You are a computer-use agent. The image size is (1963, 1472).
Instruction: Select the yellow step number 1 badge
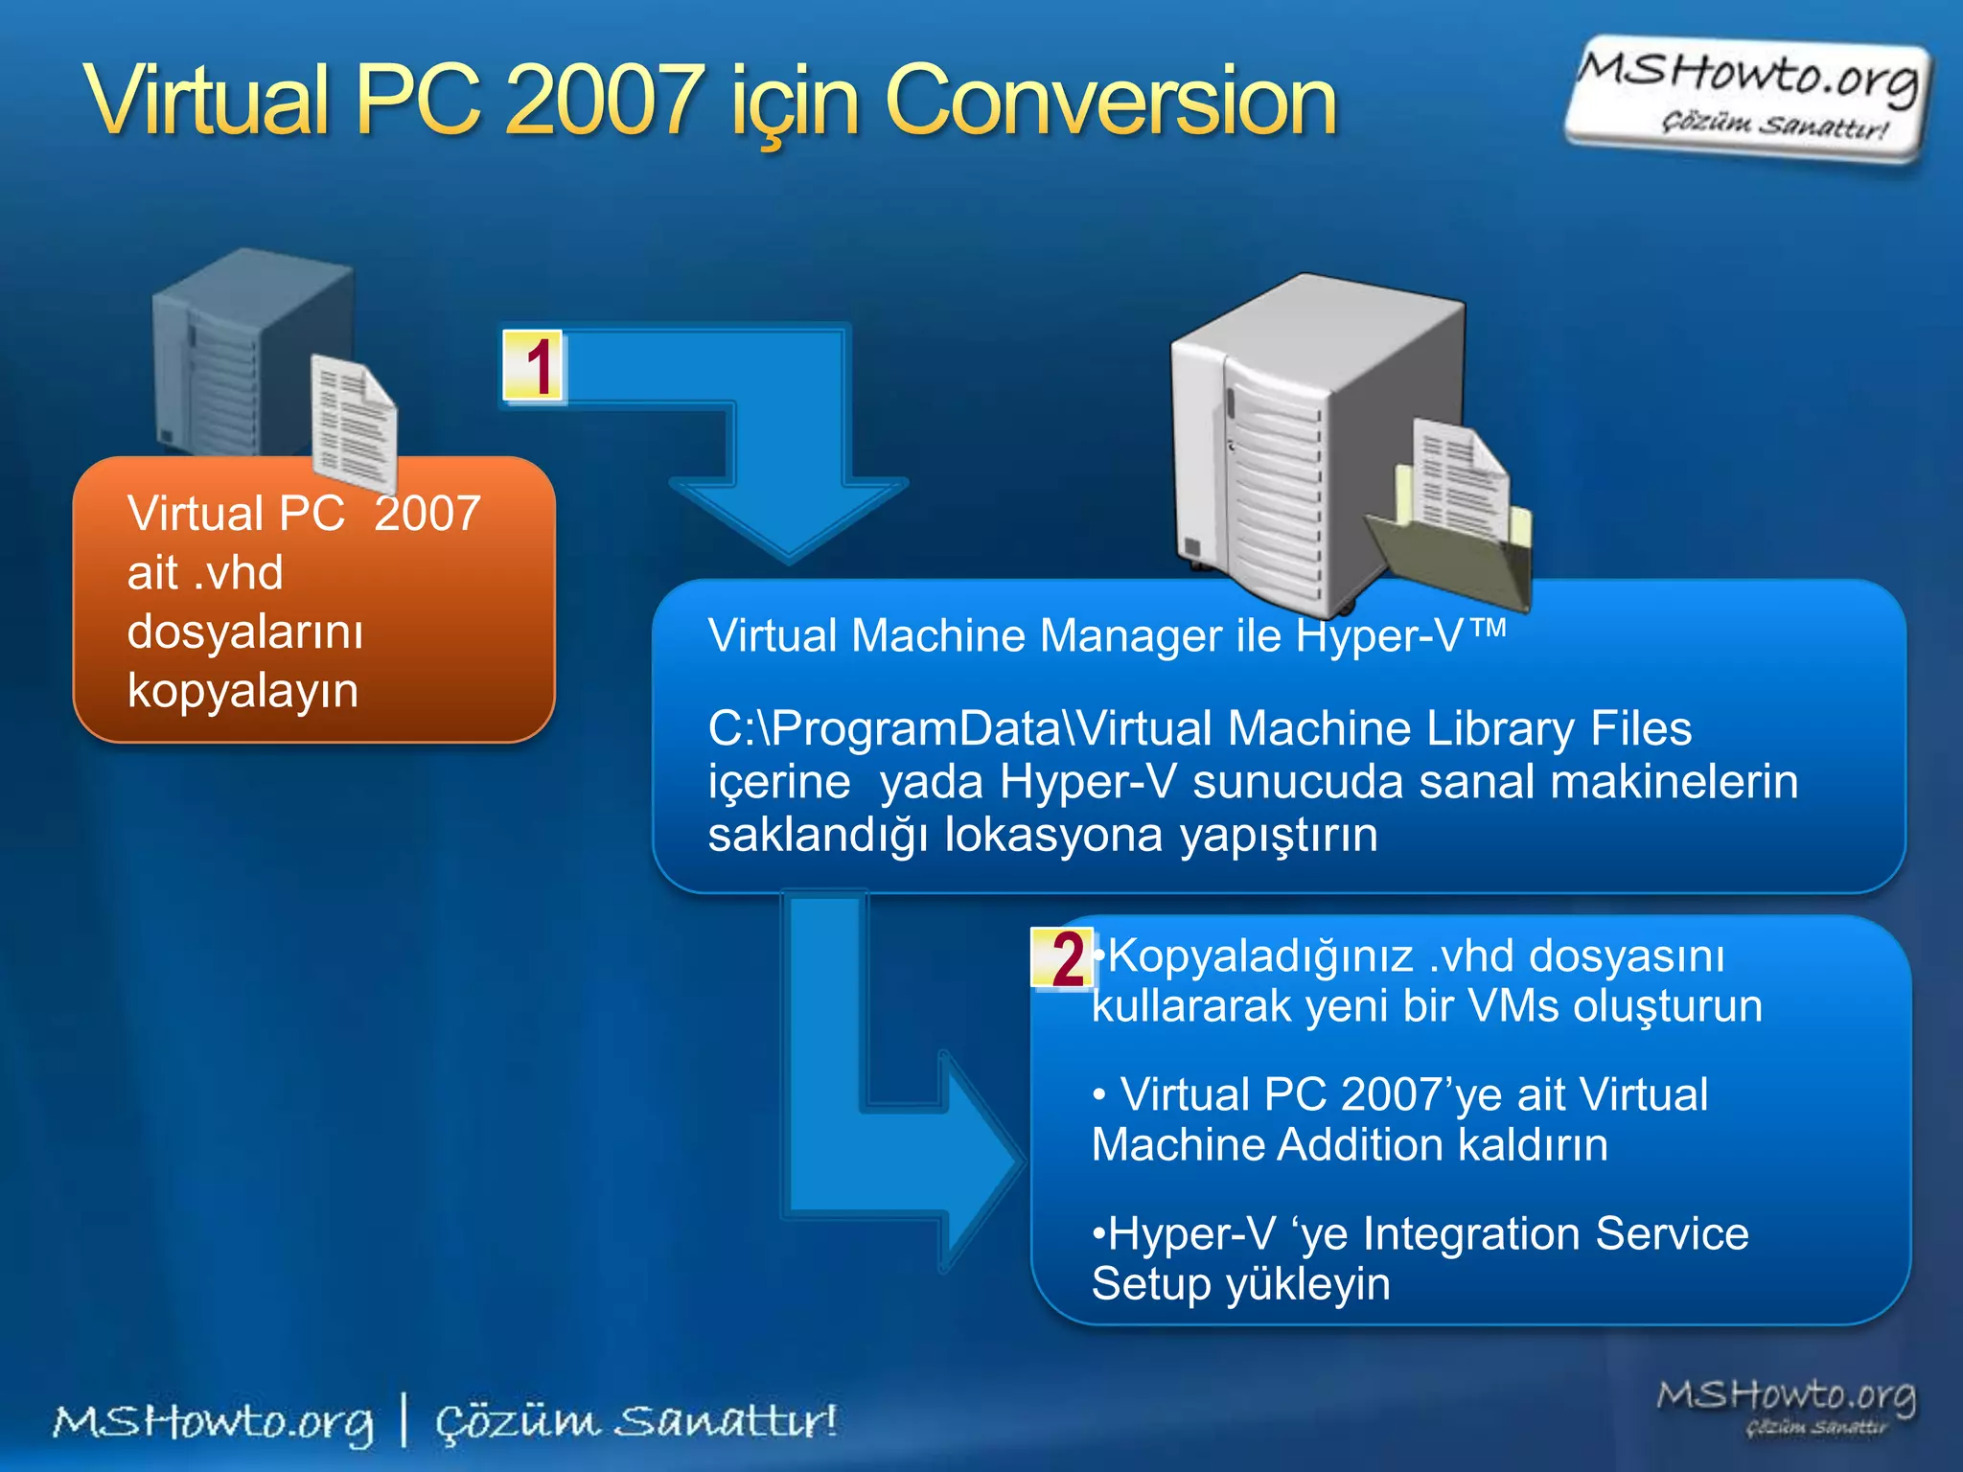pos(534,366)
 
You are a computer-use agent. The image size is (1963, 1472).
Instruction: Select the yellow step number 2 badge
pos(1062,958)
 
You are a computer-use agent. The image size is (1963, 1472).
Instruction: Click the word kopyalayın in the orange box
pos(242,690)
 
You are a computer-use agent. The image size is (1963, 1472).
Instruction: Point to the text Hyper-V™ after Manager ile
pos(1399,635)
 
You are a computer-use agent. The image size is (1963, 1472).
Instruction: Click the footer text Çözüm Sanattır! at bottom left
pos(635,1421)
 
